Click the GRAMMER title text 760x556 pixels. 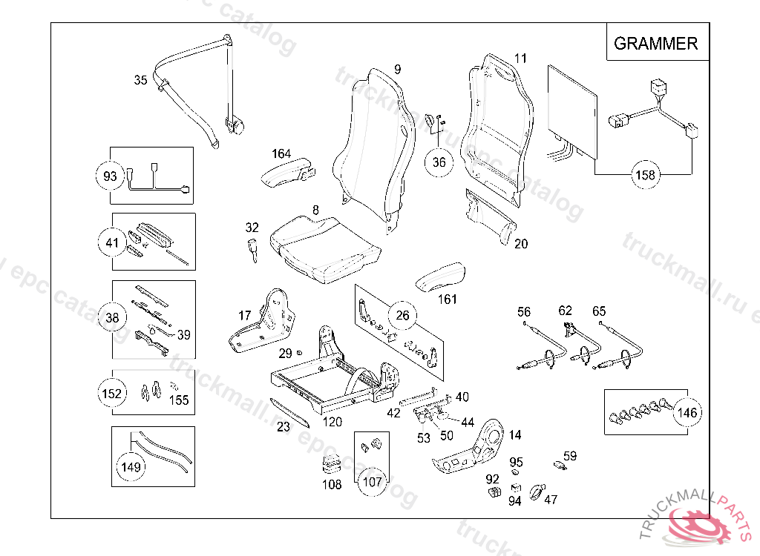(655, 43)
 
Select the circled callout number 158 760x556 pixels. (645, 176)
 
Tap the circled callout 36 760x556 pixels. (439, 162)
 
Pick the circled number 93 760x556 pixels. (110, 176)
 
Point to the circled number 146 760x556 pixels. (687, 413)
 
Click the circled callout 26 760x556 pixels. (402, 316)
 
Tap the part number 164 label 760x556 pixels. (281, 153)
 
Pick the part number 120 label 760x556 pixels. (332, 422)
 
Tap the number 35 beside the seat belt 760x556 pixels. (140, 81)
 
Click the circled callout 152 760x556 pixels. (111, 393)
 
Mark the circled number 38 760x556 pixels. (111, 318)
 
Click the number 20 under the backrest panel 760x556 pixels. (521, 243)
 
